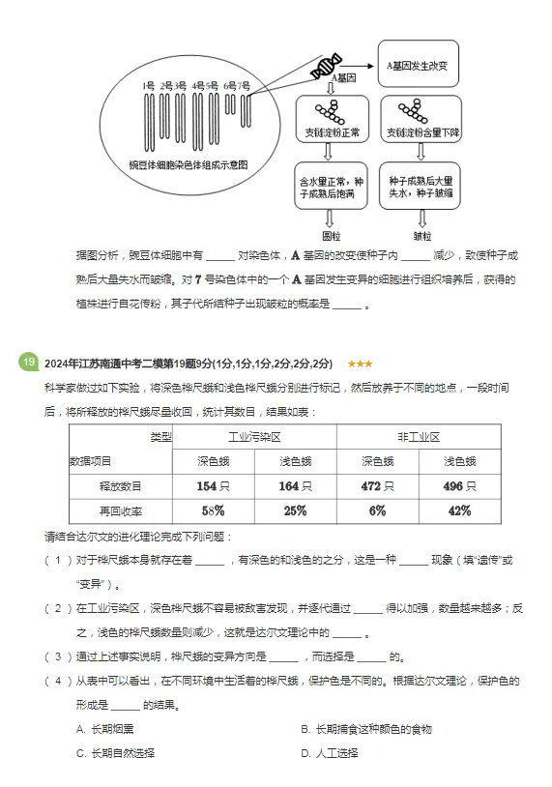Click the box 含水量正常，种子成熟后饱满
[x=332, y=186]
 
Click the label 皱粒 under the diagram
[x=422, y=235]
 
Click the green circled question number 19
[x=28, y=363]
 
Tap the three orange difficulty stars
[x=360, y=364]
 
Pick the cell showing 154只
[x=213, y=486]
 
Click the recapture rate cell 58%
[x=213, y=510]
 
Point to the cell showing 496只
[x=459, y=486]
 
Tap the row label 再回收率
[x=121, y=510]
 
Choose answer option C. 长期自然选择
[x=116, y=752]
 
